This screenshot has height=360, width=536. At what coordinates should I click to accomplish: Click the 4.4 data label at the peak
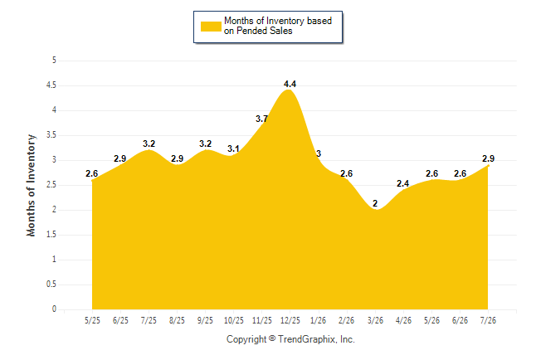click(290, 84)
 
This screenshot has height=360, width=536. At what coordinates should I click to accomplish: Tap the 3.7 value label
click(262, 119)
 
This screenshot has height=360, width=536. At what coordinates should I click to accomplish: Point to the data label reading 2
click(375, 203)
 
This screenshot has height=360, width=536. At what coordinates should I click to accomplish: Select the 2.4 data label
click(403, 183)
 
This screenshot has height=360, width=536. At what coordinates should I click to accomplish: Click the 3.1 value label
click(233, 148)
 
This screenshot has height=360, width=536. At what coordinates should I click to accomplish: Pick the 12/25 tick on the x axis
click(290, 320)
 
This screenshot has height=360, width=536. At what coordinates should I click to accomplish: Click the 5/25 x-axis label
click(92, 320)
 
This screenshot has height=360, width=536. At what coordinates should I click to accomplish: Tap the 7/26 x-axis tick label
click(488, 320)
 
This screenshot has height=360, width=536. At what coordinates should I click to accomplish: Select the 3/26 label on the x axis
click(375, 320)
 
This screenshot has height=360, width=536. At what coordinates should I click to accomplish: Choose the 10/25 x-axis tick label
click(234, 320)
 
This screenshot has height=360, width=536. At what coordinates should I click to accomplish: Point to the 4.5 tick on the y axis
click(51, 85)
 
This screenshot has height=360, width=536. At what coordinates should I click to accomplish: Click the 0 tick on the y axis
click(54, 309)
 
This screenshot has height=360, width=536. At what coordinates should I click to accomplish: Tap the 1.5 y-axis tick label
click(51, 235)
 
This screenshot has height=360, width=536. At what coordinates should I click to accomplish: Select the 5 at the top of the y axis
click(54, 61)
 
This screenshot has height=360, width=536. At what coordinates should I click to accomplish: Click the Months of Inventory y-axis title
click(31, 185)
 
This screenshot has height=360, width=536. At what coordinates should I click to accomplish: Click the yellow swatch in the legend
click(211, 27)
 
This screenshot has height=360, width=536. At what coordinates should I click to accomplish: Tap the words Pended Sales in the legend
click(264, 31)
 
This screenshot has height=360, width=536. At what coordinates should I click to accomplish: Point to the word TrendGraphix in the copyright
click(307, 339)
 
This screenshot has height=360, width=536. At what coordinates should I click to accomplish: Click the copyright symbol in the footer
click(272, 338)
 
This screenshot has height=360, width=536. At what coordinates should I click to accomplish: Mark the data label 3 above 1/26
click(319, 153)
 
